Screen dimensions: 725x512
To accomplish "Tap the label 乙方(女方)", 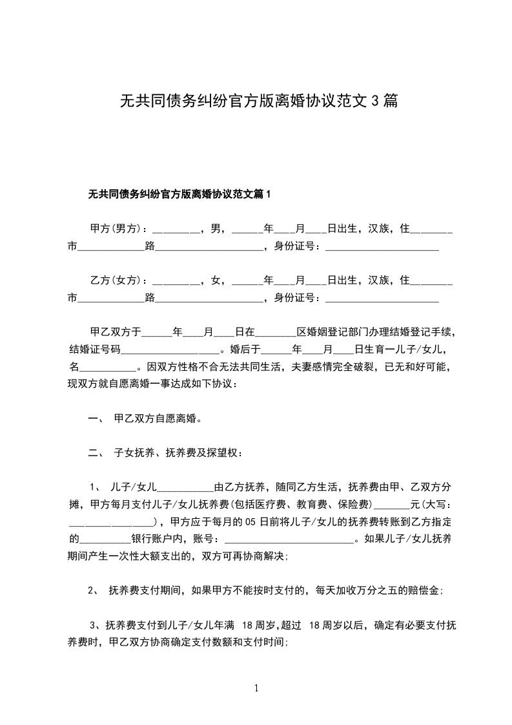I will click(116, 280).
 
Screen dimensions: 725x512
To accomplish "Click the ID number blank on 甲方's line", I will click(382, 246).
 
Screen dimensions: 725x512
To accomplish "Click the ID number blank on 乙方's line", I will click(382, 299).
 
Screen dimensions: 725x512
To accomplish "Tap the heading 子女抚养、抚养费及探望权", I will click(177, 453).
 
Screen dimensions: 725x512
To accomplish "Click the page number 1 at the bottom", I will click(256, 688).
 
